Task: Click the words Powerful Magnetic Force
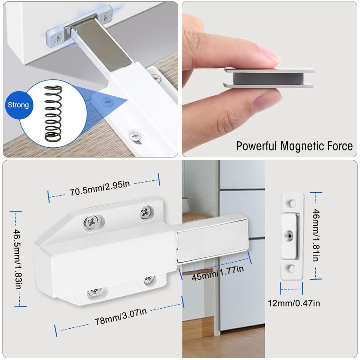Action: click(x=294, y=146)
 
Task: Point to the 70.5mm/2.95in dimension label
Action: click(x=99, y=188)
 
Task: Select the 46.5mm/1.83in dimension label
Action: click(x=18, y=259)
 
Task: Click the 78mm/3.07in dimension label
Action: click(x=121, y=317)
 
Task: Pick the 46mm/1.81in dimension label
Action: click(x=316, y=235)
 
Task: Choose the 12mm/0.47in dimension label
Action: click(x=294, y=303)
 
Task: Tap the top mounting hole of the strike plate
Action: click(x=292, y=203)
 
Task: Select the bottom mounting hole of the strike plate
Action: click(x=291, y=268)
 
